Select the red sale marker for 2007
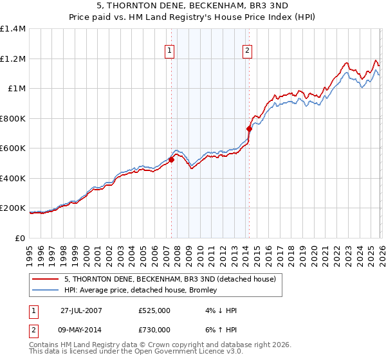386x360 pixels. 172,159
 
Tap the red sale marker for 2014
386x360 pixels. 249,129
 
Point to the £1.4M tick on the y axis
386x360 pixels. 13,29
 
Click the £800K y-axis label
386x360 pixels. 12,118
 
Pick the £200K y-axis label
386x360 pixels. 12,208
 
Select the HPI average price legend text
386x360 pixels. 141,291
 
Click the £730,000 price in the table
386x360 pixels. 154,330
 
